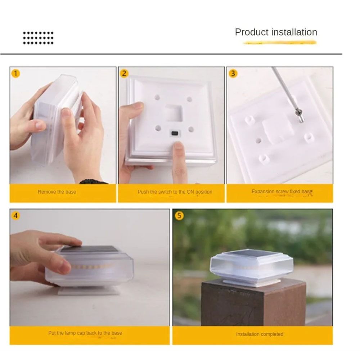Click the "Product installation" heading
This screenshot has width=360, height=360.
pyautogui.click(x=276, y=32)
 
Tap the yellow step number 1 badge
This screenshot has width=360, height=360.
pyautogui.click(x=15, y=73)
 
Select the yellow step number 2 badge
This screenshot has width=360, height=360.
pyautogui.click(x=124, y=73)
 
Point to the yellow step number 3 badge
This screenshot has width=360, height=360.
pyautogui.click(x=233, y=73)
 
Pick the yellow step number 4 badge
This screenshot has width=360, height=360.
pyautogui.click(x=15, y=216)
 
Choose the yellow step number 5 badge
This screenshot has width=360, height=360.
pyautogui.click(x=179, y=216)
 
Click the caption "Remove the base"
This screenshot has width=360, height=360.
pyautogui.click(x=57, y=192)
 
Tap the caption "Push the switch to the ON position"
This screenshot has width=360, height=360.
pyautogui.click(x=175, y=192)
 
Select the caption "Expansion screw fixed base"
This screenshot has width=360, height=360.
pyautogui.click(x=282, y=192)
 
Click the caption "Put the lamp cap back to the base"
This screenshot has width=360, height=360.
pyautogui.click(x=85, y=333)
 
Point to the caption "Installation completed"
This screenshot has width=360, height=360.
pyautogui.click(x=260, y=334)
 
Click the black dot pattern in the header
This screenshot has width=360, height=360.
pyautogui.click(x=38, y=38)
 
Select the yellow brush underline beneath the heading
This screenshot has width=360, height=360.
pyautogui.click(x=280, y=42)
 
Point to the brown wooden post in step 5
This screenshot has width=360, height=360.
pyautogui.click(x=253, y=303)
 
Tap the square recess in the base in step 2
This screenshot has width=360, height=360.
pyautogui.click(x=174, y=113)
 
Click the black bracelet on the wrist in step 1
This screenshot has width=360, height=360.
pyautogui.click(x=93, y=182)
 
